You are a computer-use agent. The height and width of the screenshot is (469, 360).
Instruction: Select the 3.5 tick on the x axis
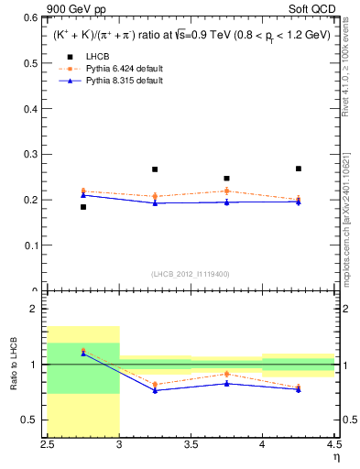coord(191,445)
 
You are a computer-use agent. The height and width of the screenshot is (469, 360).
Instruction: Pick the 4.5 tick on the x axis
coord(333,445)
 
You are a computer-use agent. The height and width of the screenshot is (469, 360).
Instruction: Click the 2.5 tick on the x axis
coord(49,445)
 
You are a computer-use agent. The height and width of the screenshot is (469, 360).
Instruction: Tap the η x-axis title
coord(335,457)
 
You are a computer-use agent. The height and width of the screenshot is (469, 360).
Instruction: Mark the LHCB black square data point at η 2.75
coord(83,207)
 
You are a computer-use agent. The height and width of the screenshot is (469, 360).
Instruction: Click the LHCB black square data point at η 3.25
coord(155,169)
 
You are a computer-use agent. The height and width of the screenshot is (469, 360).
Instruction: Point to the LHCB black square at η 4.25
coord(298,169)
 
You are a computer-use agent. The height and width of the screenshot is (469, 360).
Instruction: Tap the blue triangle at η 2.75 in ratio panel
coord(83,354)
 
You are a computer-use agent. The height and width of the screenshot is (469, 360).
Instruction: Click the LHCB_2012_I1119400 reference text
coord(191,274)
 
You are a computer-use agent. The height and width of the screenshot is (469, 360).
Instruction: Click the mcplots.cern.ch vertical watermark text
coord(350,220)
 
